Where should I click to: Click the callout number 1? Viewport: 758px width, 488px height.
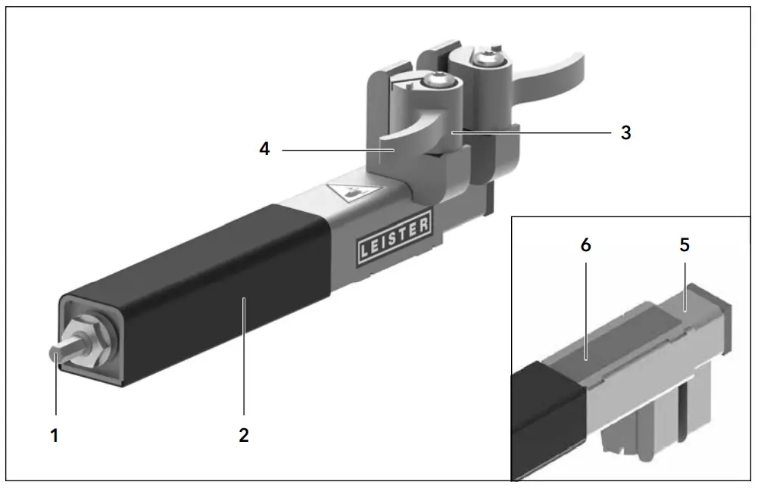tap(55, 436)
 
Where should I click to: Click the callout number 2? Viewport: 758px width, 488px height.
tap(244, 436)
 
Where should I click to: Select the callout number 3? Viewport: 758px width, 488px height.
tap(625, 132)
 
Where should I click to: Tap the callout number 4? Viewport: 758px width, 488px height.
tap(264, 149)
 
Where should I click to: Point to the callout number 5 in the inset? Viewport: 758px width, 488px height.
tap(685, 245)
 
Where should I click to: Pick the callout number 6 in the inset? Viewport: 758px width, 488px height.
tap(585, 245)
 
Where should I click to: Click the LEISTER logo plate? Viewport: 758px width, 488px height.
tap(394, 237)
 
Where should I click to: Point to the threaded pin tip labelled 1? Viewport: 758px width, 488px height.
tap(58, 354)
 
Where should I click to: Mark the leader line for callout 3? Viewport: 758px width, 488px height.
tap(530, 132)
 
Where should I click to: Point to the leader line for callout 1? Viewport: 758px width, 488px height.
tap(55, 393)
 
